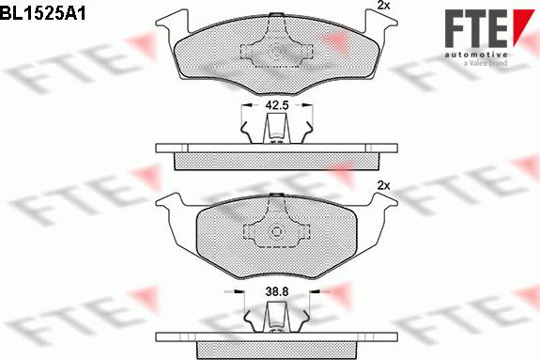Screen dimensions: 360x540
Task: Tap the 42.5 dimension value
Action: point(276,104)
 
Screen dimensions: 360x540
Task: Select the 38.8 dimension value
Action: point(276,292)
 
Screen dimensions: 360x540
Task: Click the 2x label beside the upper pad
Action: point(382,7)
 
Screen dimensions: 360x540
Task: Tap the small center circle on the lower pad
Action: point(276,233)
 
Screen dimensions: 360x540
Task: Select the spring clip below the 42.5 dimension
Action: point(276,129)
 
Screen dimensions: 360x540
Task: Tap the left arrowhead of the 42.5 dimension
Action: point(246,104)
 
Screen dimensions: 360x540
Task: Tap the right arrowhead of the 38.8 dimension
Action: point(307,292)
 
